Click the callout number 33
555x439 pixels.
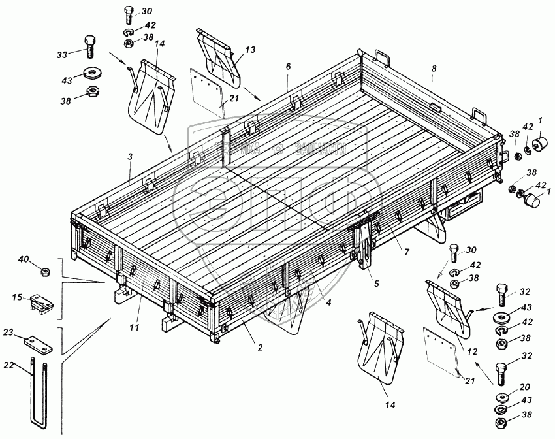[x=62, y=55]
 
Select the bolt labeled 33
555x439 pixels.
[x=90, y=46]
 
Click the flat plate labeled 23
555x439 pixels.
[x=38, y=342]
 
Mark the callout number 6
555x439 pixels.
[x=287, y=67]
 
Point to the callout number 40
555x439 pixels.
[x=23, y=260]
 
